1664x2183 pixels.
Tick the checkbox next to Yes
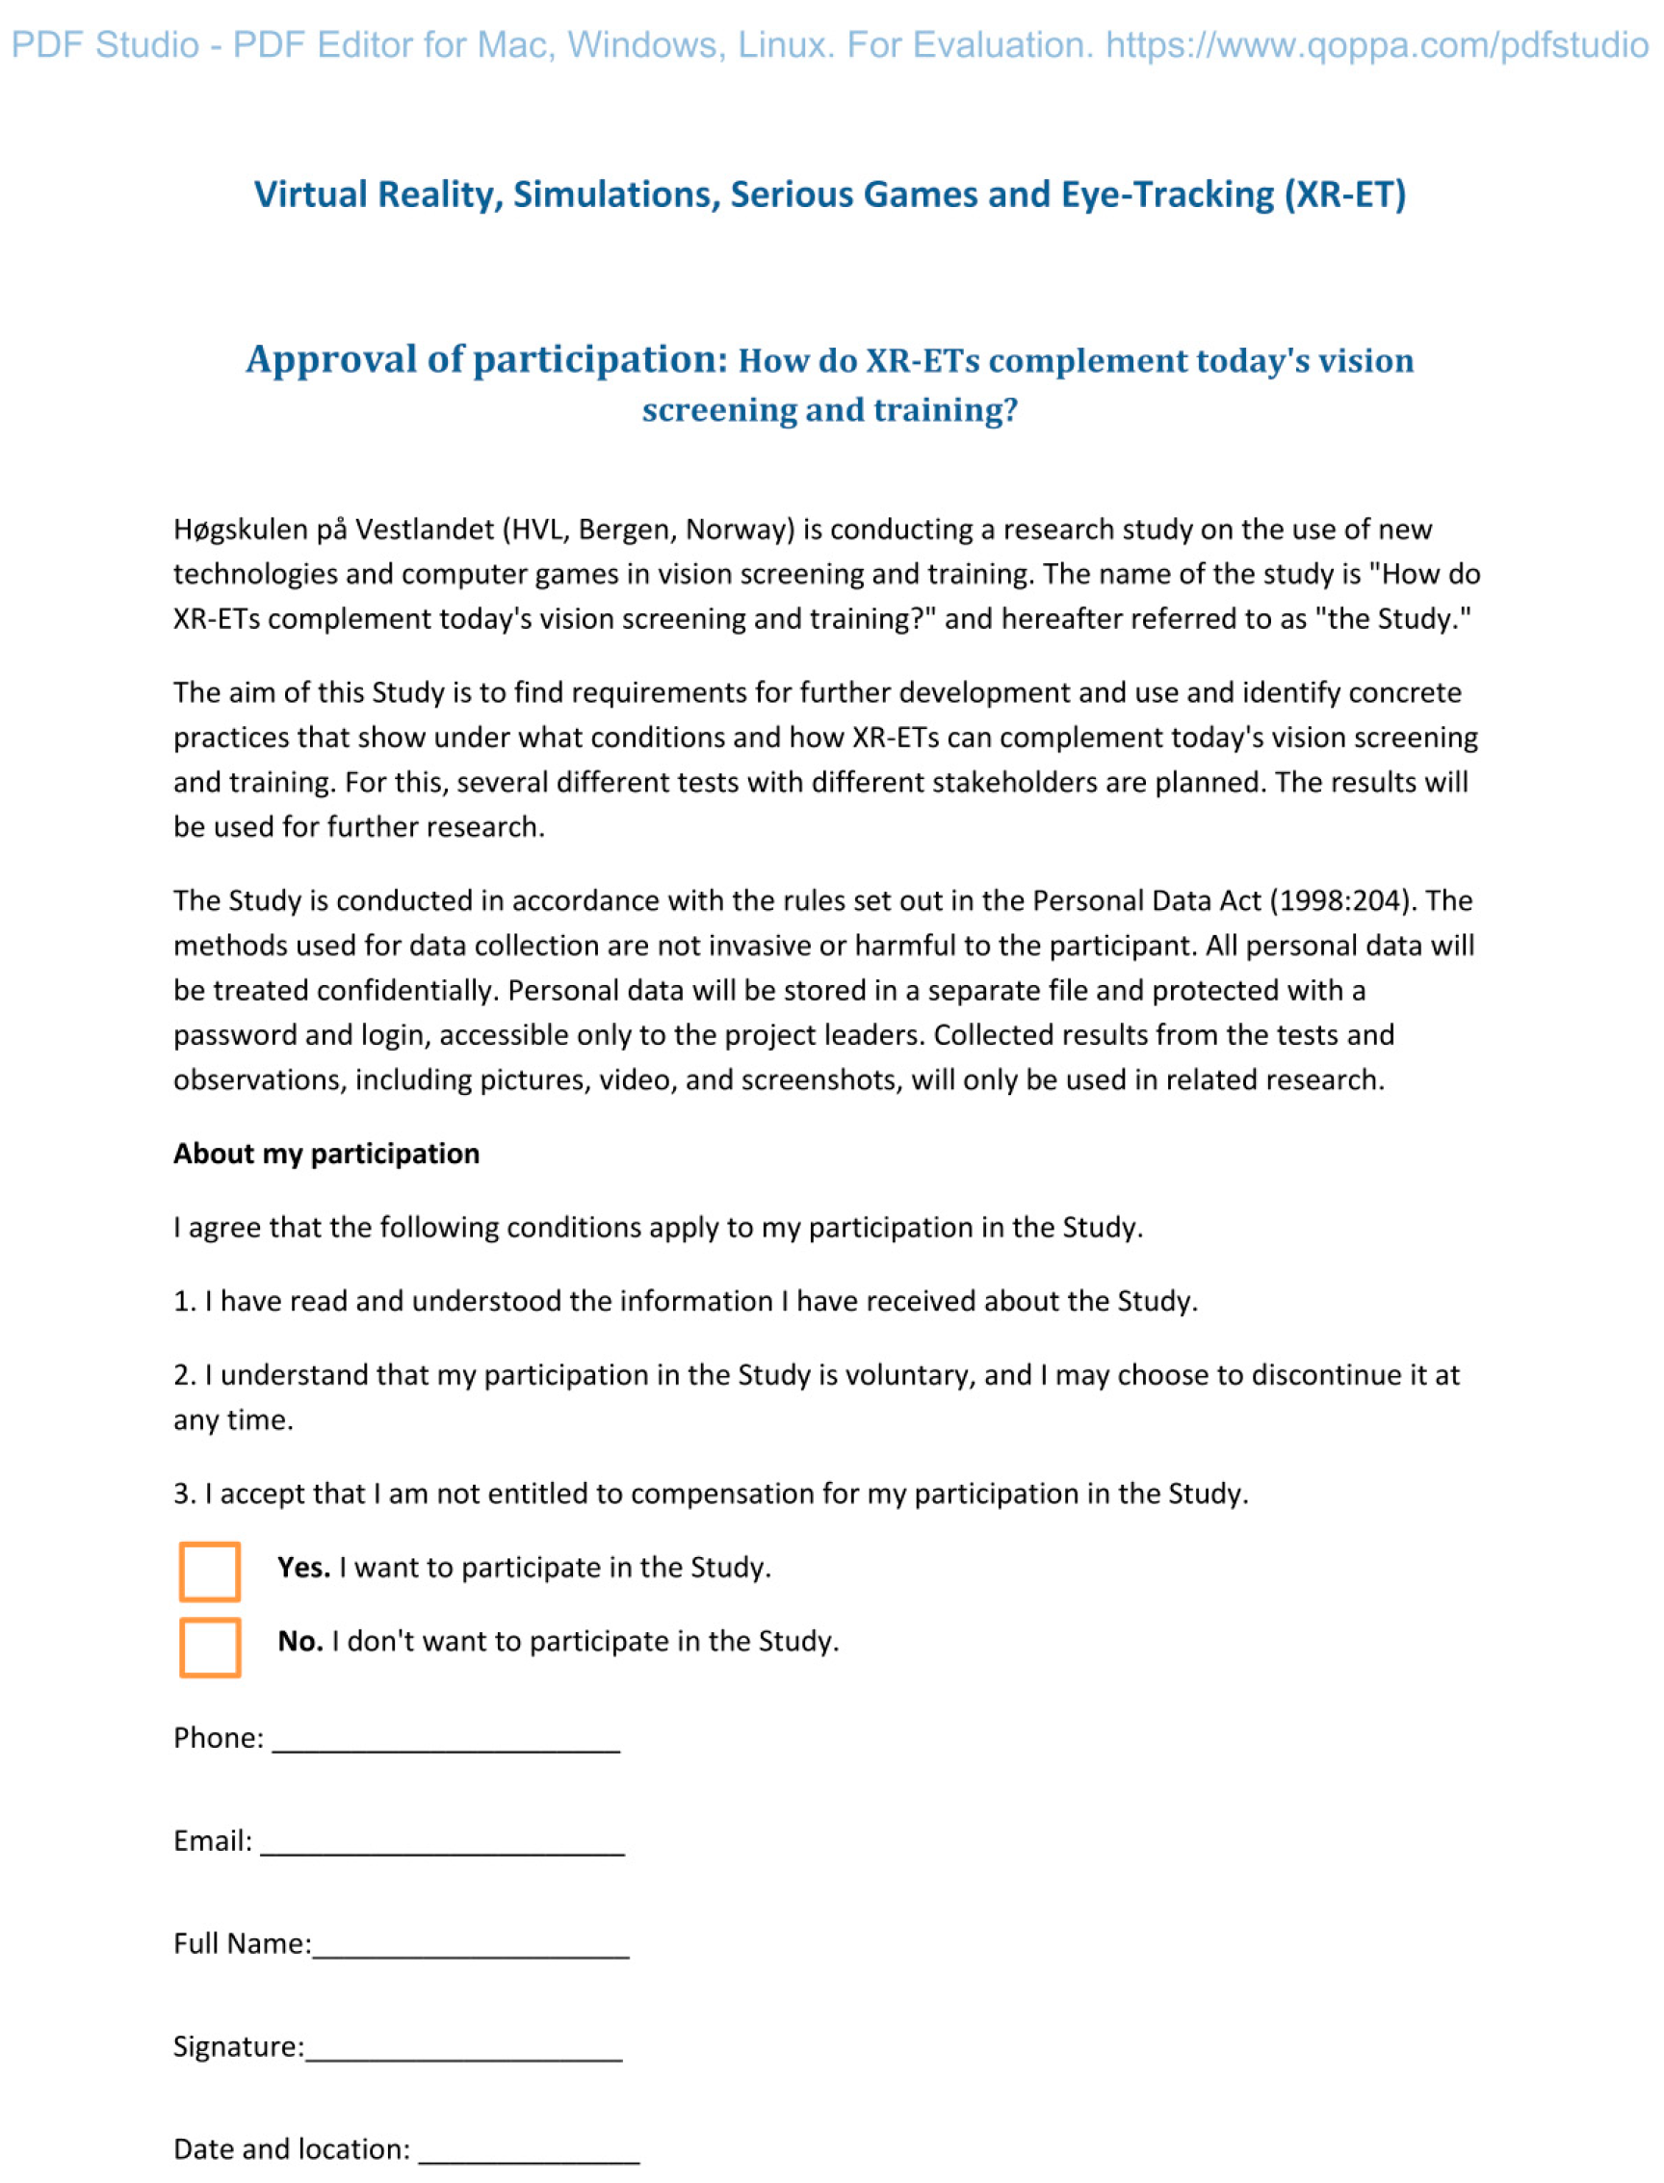click(210, 1571)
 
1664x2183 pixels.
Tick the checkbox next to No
click(210, 1648)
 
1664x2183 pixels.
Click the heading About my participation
click(325, 1154)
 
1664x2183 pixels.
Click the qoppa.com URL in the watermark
click(1377, 44)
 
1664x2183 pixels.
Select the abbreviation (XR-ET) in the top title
click(1345, 195)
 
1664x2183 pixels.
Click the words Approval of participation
click(486, 359)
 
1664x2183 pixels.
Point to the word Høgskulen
click(241, 530)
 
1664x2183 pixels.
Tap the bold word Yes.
click(303, 1567)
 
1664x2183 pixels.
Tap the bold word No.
click(300, 1641)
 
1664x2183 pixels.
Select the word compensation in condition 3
click(724, 1494)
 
